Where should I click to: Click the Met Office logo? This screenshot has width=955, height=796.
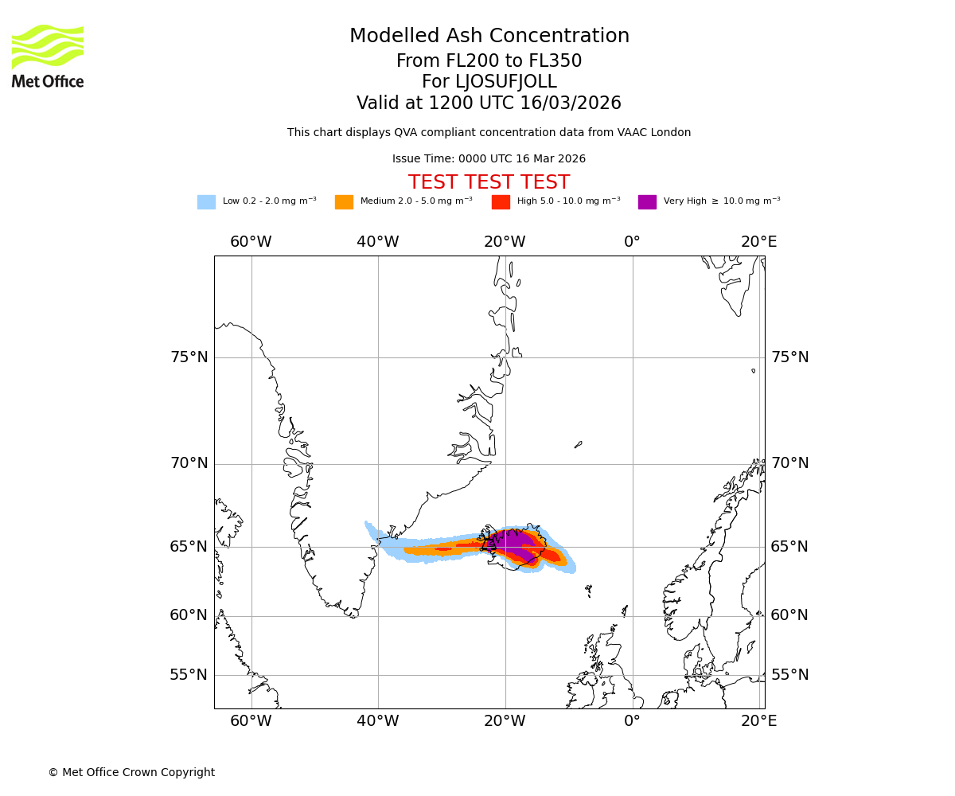(x=48, y=56)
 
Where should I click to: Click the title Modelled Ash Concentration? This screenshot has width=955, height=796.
(x=489, y=37)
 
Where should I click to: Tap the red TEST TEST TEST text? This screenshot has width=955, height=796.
(x=489, y=183)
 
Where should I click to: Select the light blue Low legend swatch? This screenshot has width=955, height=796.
(x=206, y=202)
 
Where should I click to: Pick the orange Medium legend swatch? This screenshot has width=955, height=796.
(x=344, y=202)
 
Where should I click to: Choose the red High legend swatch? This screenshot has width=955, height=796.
(x=501, y=202)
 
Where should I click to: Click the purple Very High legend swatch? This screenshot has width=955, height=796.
(x=647, y=202)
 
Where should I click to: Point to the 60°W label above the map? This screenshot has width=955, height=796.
(x=251, y=242)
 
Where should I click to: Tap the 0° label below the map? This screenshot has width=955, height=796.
(x=632, y=722)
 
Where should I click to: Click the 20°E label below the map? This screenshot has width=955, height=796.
(x=758, y=722)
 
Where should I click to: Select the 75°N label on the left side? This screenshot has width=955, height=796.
(x=189, y=357)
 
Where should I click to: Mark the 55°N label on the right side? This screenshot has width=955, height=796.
(x=789, y=675)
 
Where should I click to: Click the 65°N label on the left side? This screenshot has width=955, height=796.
(x=189, y=547)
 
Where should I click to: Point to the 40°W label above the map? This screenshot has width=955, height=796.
(x=377, y=242)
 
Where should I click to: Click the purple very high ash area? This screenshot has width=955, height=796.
(x=513, y=544)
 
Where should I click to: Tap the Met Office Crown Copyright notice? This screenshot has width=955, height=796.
(x=131, y=773)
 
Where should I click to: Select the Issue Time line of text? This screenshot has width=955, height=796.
(x=489, y=159)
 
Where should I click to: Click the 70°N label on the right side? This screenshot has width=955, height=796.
(x=789, y=463)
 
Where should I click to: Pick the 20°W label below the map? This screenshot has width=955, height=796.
(x=505, y=722)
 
